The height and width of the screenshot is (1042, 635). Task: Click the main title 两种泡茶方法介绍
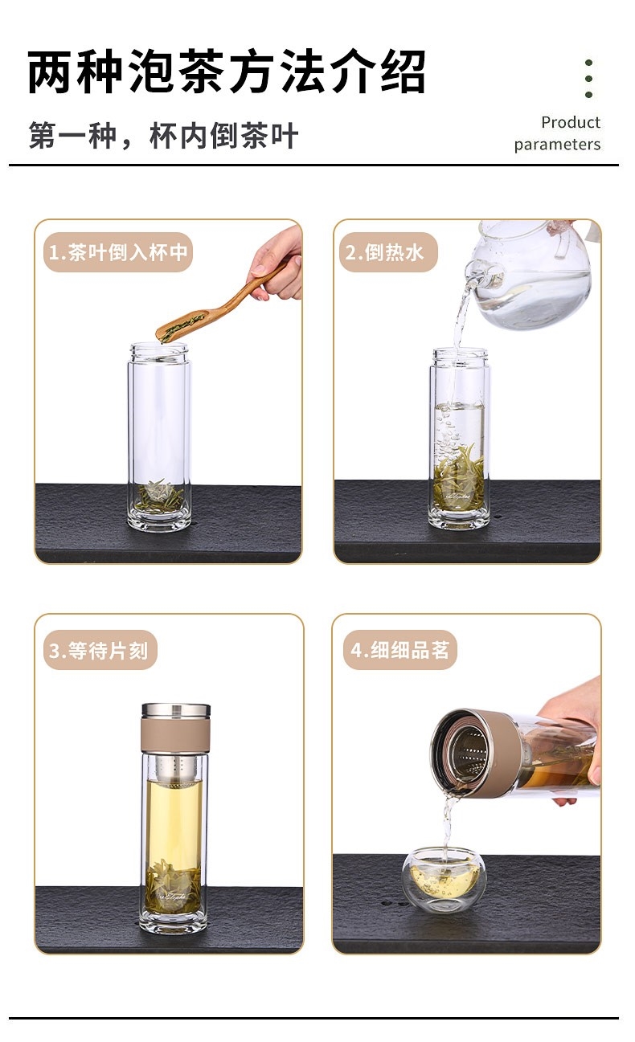coord(226,72)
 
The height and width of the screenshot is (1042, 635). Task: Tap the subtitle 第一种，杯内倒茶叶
coord(163,135)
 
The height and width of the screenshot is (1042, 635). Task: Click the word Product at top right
coord(571,122)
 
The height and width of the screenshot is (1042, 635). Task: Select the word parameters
coord(557,145)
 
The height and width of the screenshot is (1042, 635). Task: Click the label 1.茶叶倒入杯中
coord(118,252)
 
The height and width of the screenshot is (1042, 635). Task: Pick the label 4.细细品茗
coord(400,650)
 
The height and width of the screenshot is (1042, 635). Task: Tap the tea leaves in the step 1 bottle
coord(159,496)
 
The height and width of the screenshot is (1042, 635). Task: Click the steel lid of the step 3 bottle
coord(176,710)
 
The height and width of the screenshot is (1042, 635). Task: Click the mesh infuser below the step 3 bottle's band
coord(176,766)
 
